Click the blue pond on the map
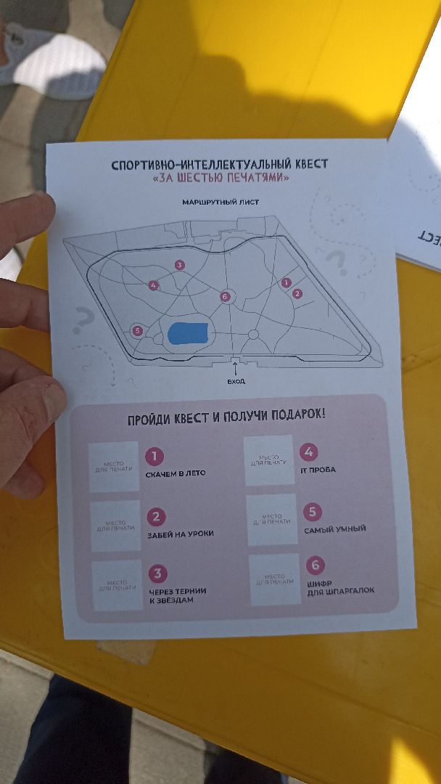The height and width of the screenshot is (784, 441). (188, 333)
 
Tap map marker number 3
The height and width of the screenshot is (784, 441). (179, 265)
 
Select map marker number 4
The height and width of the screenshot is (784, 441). (153, 285)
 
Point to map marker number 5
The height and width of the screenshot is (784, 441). (137, 331)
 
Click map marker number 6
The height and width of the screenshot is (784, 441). (225, 296)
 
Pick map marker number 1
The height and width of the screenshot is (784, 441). (287, 282)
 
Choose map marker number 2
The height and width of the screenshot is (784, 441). (297, 293)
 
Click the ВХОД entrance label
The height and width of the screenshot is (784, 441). (236, 381)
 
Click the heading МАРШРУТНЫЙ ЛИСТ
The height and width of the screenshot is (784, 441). (220, 201)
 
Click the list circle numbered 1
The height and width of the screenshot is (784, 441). (154, 457)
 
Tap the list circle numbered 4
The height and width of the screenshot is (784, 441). (309, 452)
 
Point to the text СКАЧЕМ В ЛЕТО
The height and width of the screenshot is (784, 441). (176, 473)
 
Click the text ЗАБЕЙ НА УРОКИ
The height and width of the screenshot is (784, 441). (180, 534)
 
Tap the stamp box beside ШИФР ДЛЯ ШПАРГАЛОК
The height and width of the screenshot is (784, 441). (273, 579)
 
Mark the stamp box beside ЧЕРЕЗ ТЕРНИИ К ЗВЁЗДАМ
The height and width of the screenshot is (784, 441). (118, 584)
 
